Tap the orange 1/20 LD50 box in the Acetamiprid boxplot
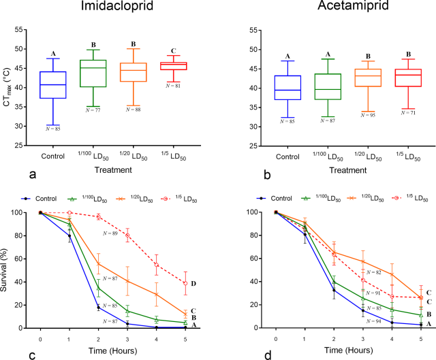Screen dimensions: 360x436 coord(371,78)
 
